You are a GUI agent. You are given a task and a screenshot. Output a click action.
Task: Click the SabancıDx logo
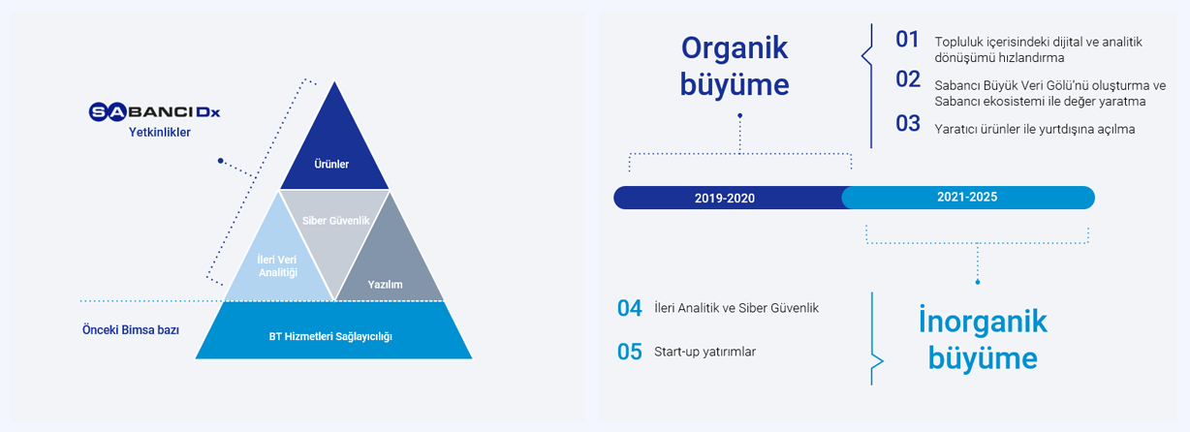[154, 112]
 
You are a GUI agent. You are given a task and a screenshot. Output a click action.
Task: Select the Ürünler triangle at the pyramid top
[334, 148]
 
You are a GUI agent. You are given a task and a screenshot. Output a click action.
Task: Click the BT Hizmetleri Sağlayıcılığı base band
[333, 330]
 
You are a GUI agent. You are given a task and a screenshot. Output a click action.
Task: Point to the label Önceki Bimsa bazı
[131, 330]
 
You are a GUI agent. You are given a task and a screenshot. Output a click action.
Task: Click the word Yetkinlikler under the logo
[159, 132]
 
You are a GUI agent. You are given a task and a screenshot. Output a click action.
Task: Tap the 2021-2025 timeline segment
[968, 198]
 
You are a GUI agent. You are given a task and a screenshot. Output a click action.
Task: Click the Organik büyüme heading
[735, 66]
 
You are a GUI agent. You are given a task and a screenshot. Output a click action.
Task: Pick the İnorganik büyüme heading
[983, 340]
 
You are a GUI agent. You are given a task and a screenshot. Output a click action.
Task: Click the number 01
[907, 40]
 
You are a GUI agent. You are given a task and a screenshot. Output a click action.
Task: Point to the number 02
[908, 79]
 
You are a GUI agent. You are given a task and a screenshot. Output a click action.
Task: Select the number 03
[908, 124]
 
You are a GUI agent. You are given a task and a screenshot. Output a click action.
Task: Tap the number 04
[630, 308]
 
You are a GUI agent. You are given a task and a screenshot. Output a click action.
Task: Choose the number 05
[630, 352]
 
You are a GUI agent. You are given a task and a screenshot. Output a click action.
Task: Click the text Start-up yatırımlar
[705, 352]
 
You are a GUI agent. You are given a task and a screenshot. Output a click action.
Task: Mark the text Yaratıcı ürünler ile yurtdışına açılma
[1035, 130]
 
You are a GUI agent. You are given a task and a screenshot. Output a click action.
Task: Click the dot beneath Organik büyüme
[740, 115]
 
